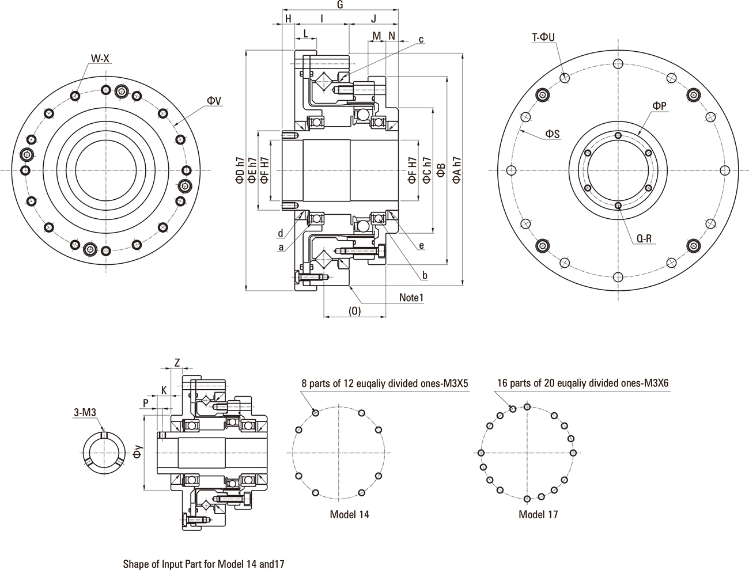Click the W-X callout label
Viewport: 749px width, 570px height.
coord(100,58)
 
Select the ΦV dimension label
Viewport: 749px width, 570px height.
coord(214,100)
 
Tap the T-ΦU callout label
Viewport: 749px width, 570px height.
coord(543,37)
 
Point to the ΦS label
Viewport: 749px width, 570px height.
coord(553,134)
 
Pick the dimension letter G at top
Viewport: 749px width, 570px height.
coord(340,5)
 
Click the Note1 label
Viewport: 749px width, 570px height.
coord(412,298)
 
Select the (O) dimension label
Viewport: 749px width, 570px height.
coord(354,311)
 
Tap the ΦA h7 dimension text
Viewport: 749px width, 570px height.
coord(457,170)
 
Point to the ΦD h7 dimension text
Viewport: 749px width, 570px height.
coord(239,170)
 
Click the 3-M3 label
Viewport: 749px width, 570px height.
coord(84,412)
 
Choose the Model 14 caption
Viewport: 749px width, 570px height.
coord(349,514)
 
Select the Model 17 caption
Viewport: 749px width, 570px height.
coord(538,514)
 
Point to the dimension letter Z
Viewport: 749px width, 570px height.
coord(177,362)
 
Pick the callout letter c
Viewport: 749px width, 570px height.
coord(421,40)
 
